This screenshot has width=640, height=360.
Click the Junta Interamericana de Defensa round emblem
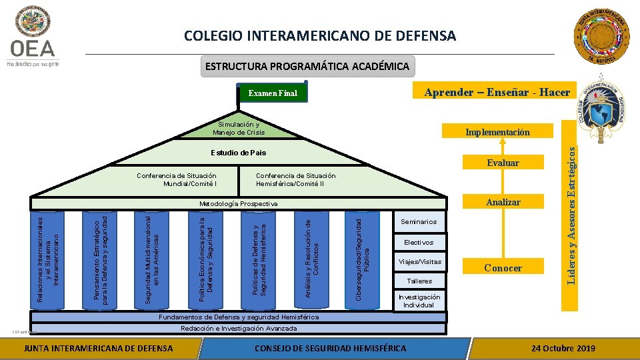coord(603,39)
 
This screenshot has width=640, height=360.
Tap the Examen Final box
coord(273,93)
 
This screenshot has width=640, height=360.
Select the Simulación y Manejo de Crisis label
coord(239,129)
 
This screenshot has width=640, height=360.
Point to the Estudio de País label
coord(238,153)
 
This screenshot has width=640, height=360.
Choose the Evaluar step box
coord(503,163)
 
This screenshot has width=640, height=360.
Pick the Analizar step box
coord(503,201)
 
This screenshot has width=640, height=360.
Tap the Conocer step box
coord(503,268)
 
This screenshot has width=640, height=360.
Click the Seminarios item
coord(419,222)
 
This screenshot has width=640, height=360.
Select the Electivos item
coord(419,242)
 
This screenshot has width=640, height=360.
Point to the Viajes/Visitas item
coord(419,261)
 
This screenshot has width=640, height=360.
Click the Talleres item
coord(419,281)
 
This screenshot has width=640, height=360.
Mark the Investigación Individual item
coord(419,301)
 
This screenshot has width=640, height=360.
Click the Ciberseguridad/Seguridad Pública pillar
coord(363,259)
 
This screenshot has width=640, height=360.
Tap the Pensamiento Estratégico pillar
coord(100,259)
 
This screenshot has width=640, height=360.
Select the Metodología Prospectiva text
coord(238,203)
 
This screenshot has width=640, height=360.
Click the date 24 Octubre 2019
coord(563,349)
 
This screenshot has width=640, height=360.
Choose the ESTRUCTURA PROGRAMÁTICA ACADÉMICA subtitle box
coord(307,67)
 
